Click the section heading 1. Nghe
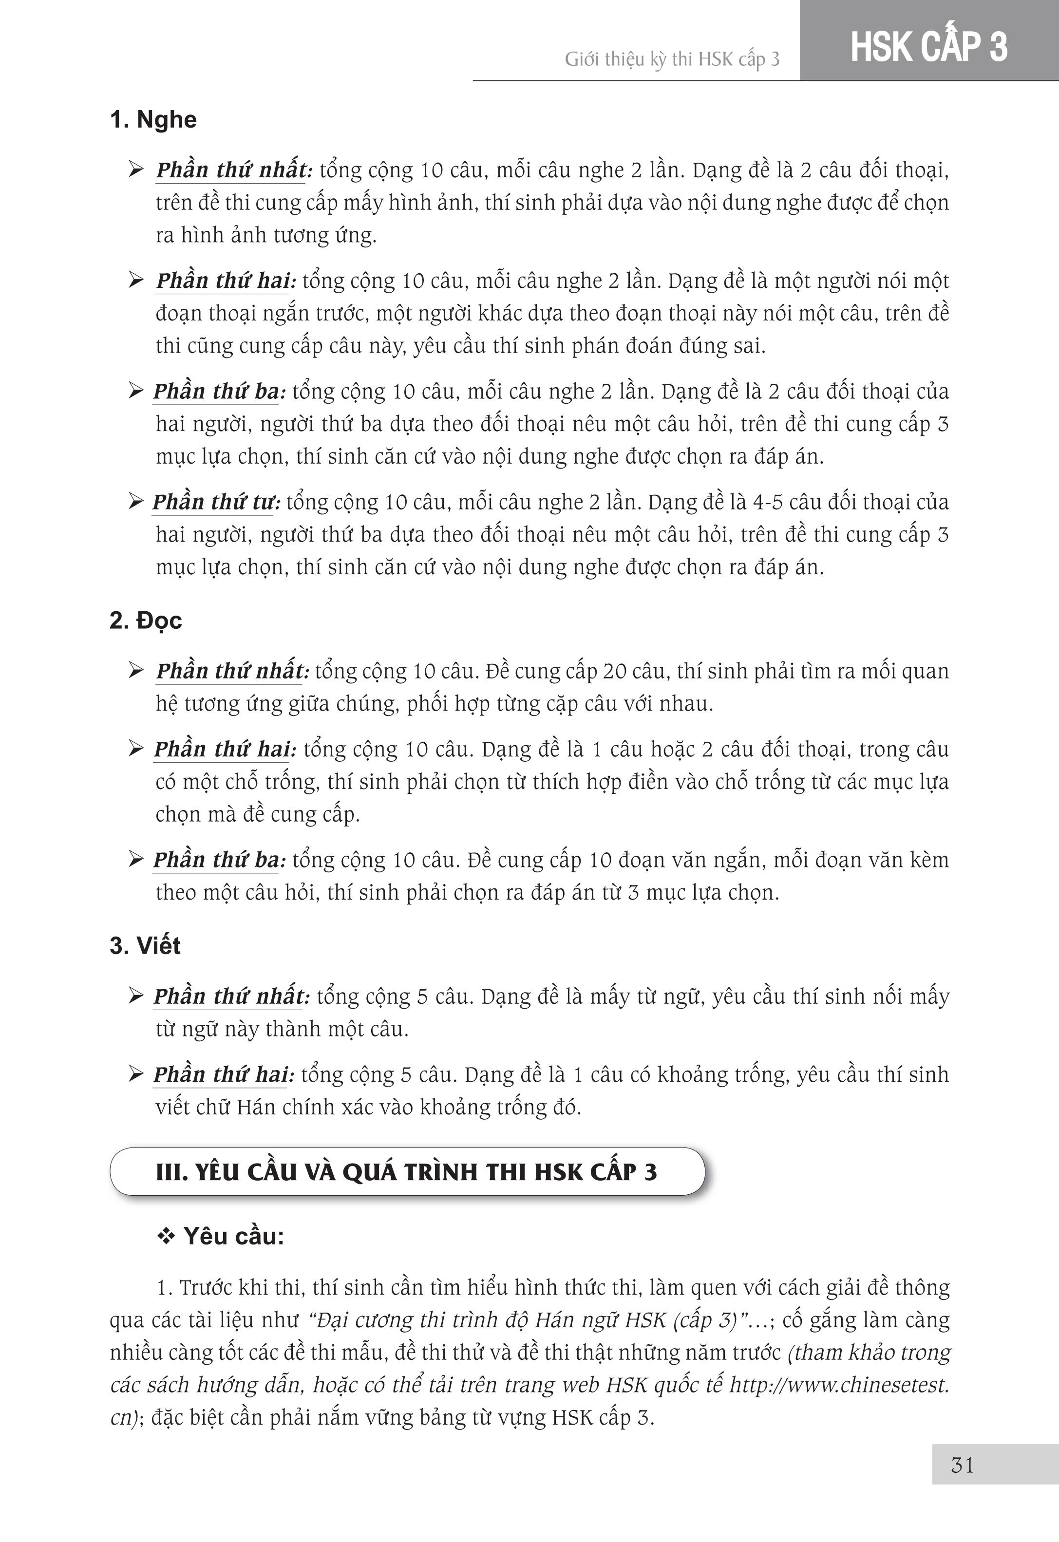tap(153, 120)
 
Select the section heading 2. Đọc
tap(145, 621)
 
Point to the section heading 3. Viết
tap(145, 945)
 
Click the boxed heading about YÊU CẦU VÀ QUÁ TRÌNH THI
tap(406, 1172)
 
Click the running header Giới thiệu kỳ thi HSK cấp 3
tap(672, 60)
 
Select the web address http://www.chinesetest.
tap(839, 1385)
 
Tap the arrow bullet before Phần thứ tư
tap(136, 502)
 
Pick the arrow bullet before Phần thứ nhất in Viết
tap(136, 996)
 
